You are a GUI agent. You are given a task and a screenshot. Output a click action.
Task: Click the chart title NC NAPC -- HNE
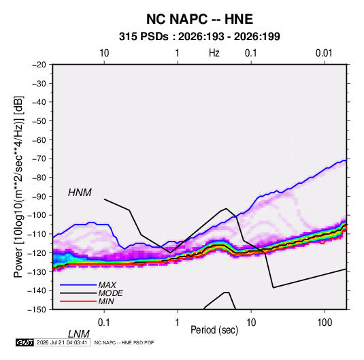(x=199, y=19)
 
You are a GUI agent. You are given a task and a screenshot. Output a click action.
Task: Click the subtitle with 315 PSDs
(x=199, y=37)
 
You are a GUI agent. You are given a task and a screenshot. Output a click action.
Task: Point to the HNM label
(x=80, y=193)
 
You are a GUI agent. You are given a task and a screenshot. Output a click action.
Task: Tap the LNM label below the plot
(x=79, y=334)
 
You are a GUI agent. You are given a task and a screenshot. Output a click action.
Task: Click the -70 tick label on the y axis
(x=39, y=159)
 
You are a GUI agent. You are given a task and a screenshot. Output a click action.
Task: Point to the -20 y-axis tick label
(x=39, y=65)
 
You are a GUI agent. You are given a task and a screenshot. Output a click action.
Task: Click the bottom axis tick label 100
(x=325, y=322)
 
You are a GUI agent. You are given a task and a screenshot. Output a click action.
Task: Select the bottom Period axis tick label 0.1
(x=104, y=322)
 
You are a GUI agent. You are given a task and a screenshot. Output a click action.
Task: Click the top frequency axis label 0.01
(x=324, y=53)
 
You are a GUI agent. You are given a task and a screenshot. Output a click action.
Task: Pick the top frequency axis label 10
(x=104, y=53)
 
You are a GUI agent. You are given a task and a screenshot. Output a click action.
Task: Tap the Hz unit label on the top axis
(x=214, y=53)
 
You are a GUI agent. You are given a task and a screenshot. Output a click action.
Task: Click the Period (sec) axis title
(x=214, y=330)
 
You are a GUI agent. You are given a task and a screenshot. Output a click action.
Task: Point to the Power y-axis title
(x=18, y=187)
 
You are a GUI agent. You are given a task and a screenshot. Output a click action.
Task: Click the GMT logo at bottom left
(x=24, y=342)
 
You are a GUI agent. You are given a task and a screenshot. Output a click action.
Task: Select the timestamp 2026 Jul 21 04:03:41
(x=62, y=342)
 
